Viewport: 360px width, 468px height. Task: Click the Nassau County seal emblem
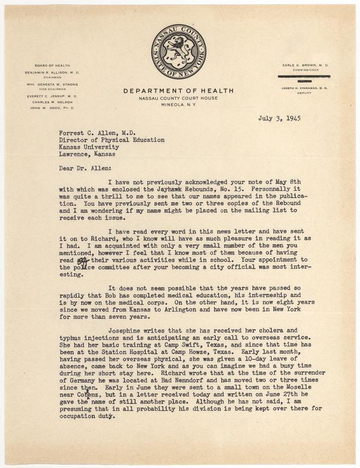[179, 52]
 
